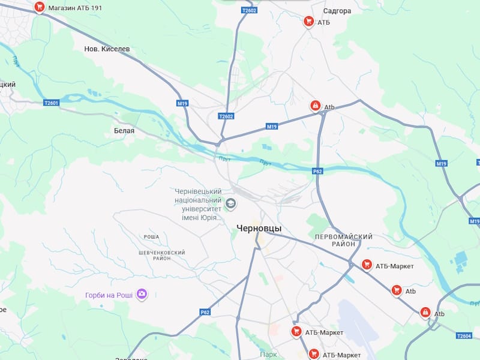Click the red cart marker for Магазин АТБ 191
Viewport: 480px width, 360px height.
[x=40, y=7]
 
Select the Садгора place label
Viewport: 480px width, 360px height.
[x=337, y=11]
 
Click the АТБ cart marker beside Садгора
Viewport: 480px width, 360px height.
[x=308, y=22]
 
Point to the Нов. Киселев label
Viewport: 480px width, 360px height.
[x=107, y=49]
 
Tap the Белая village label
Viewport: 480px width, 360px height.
[x=124, y=130]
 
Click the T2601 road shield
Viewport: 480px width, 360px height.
[x=52, y=103]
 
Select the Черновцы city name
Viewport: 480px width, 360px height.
[x=259, y=228]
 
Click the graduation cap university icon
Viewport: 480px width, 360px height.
[x=230, y=203]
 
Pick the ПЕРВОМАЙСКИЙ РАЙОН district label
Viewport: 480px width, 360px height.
[x=343, y=240]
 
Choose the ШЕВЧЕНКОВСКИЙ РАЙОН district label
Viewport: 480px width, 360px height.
[x=161, y=255]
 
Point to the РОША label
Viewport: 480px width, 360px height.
[x=151, y=237]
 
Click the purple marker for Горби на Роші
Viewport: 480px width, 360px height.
[x=142, y=294]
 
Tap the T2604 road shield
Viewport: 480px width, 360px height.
[x=464, y=336]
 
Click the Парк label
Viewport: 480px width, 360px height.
[x=268, y=355]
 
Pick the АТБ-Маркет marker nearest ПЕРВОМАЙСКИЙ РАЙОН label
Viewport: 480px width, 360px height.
[x=367, y=265]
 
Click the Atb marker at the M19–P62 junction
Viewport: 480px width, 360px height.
[x=315, y=106]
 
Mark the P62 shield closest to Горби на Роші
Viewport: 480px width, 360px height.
[x=205, y=312]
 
